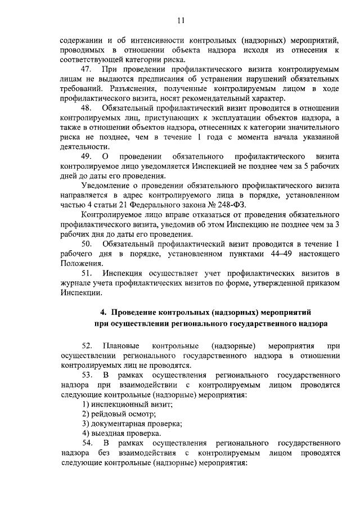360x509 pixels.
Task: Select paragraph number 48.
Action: point(87,107)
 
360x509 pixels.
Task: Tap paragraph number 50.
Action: point(87,244)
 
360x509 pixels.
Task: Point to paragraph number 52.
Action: point(87,345)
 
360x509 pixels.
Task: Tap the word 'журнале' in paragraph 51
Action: point(75,282)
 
